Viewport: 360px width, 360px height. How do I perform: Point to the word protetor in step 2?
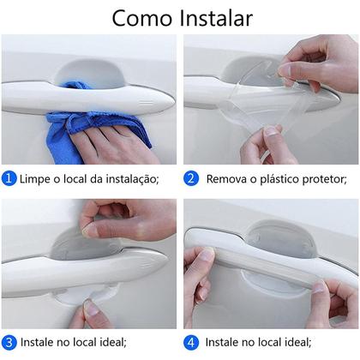coord(321,178)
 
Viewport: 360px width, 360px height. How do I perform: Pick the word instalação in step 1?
coord(130,178)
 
